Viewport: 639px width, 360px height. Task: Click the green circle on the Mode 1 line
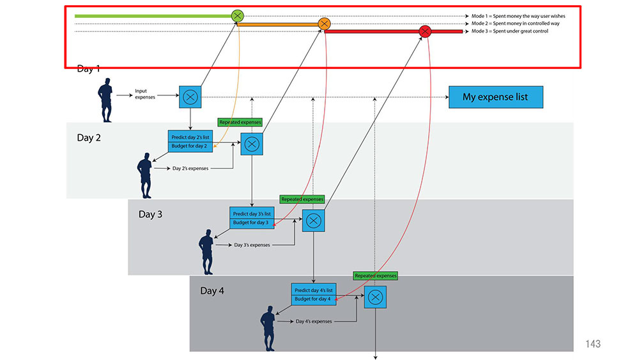(237, 16)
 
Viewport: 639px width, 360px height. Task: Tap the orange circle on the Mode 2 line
(324, 24)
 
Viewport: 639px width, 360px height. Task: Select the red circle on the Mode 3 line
(425, 31)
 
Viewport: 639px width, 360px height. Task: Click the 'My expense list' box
(496, 97)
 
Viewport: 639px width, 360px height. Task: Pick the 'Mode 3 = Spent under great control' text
(510, 31)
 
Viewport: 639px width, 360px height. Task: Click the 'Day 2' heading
(89, 138)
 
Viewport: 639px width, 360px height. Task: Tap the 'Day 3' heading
(150, 214)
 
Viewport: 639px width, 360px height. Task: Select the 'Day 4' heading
(212, 291)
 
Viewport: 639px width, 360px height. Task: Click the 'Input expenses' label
(145, 94)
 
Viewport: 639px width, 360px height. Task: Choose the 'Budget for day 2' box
(190, 146)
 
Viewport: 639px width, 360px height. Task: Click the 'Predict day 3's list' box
(252, 213)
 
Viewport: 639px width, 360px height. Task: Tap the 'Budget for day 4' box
(313, 299)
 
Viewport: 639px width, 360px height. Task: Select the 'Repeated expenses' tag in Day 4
(375, 276)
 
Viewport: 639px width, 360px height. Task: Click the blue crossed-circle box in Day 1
(190, 97)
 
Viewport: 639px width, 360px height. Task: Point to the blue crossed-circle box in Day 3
(313, 221)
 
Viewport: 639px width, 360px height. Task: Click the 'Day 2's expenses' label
(190, 168)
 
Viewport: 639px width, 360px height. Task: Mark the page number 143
(593, 344)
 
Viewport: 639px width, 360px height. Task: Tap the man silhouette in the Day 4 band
(268, 328)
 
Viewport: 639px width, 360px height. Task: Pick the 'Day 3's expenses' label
(252, 245)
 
